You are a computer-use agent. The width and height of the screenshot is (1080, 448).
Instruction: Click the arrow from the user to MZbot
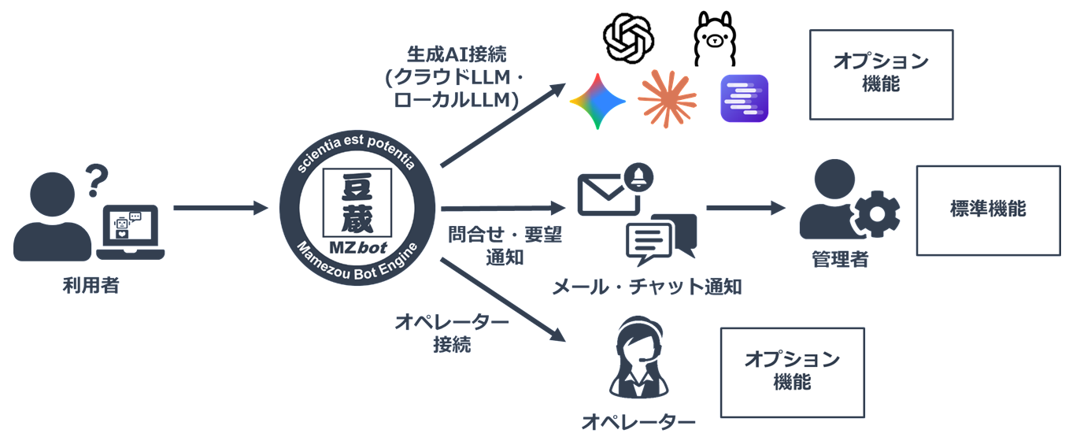[221, 209]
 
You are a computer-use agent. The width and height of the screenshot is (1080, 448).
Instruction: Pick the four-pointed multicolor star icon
[598, 101]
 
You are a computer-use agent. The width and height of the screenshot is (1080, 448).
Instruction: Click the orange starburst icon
[668, 98]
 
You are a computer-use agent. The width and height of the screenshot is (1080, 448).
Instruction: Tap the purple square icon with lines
[744, 98]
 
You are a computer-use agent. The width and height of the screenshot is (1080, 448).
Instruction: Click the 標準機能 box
[988, 210]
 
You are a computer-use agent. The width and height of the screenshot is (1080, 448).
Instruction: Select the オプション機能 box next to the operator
[793, 372]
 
